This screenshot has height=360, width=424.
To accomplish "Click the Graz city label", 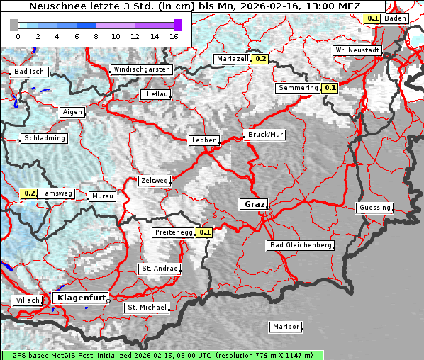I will tap(254, 204).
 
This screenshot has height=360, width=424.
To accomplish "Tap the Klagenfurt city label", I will tap(81, 298).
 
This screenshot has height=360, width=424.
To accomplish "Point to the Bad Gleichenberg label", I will tap(300, 245).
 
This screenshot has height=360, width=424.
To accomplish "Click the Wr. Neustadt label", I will tap(358, 50).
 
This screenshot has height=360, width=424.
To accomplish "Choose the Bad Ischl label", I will tap(30, 72).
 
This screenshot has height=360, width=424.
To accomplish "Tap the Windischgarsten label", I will tap(141, 69).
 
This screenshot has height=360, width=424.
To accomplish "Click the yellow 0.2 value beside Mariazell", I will tap(260, 59).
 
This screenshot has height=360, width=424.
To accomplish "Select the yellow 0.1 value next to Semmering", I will tap(330, 88).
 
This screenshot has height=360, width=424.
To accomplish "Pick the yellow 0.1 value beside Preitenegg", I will tap(205, 232).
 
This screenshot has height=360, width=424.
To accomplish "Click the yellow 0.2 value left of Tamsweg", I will tap(29, 193).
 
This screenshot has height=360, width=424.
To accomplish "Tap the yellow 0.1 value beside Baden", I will tap(372, 18).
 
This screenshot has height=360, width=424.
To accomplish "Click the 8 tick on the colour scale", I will tap(96, 35).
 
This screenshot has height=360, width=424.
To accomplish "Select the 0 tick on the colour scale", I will tap(17, 35).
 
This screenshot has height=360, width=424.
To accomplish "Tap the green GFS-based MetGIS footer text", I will tap(162, 355).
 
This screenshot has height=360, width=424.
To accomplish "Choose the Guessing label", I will tap(374, 208).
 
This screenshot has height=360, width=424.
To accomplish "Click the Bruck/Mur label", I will tap(264, 134).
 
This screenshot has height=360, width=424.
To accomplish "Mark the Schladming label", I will tap(45, 138).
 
